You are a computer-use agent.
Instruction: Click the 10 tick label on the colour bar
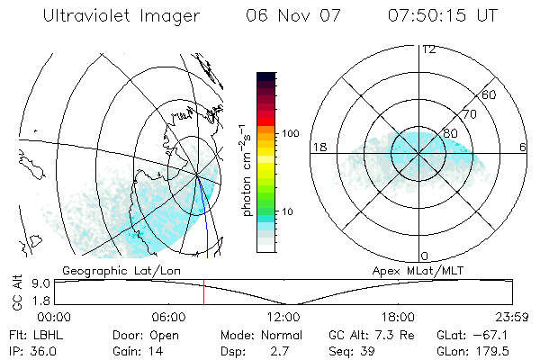coord(288,211)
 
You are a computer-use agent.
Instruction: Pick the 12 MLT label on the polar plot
coord(428,49)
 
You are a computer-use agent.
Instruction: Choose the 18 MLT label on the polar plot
coord(318,147)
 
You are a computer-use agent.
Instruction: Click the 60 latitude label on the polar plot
coord(490,94)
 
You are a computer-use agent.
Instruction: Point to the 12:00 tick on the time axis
coord(283,317)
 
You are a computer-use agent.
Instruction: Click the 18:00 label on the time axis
coord(398,317)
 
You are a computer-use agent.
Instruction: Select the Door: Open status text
coord(146,334)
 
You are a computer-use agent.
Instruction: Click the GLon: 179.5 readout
coord(467,351)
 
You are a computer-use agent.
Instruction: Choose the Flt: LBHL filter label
coord(28,334)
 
